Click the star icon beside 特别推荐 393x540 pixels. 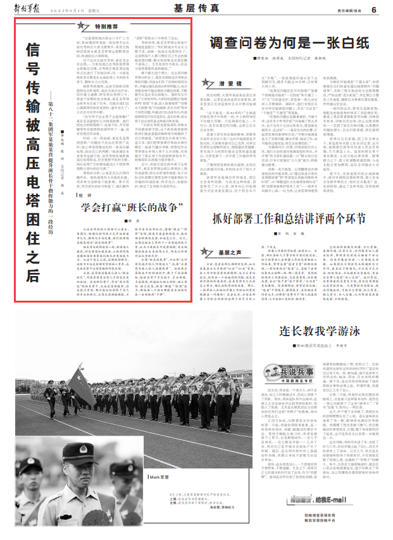coord(83,27)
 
